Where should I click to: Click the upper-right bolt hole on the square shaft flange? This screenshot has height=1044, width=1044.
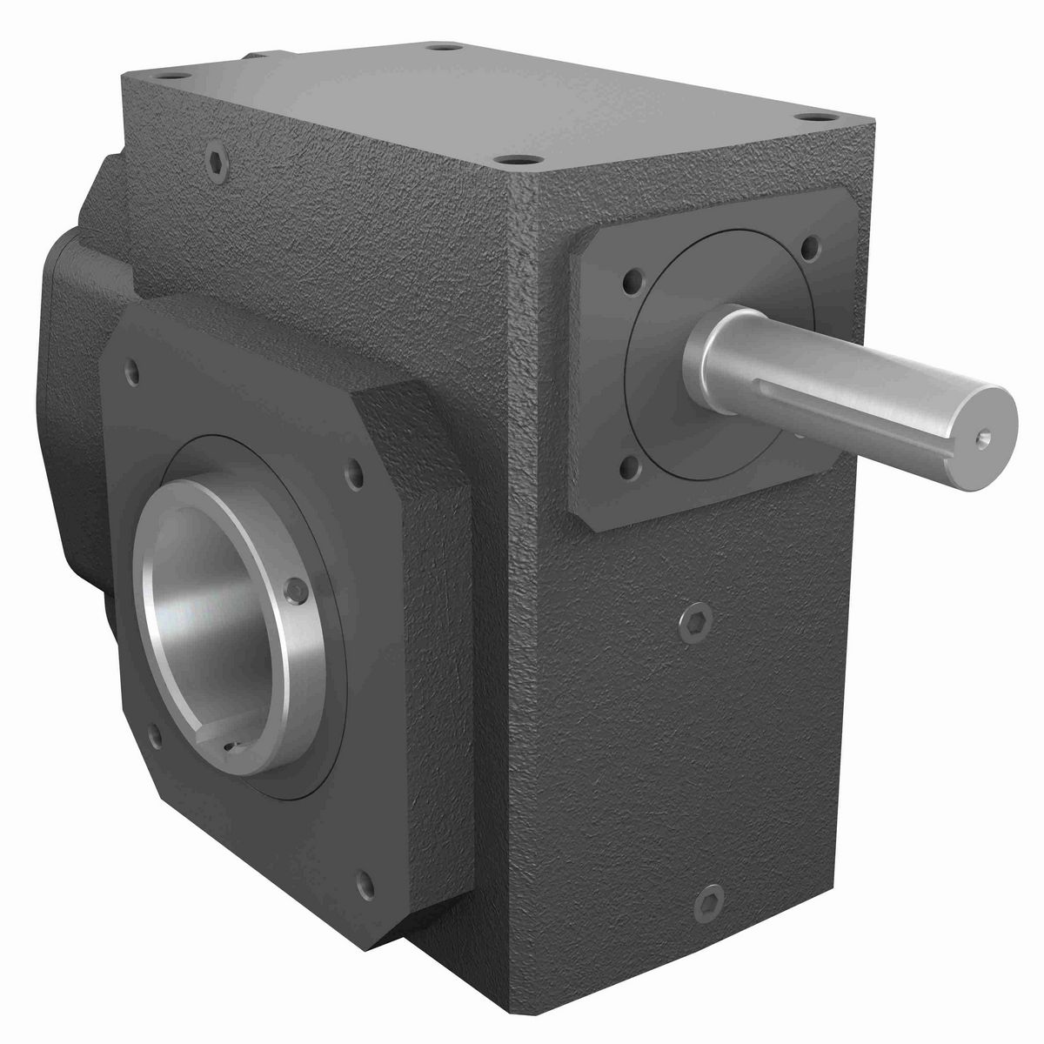coord(812,247)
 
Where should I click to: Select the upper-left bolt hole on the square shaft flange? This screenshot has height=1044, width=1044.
coord(628,283)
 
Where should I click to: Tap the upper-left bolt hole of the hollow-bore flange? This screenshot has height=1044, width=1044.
coord(132,372)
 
